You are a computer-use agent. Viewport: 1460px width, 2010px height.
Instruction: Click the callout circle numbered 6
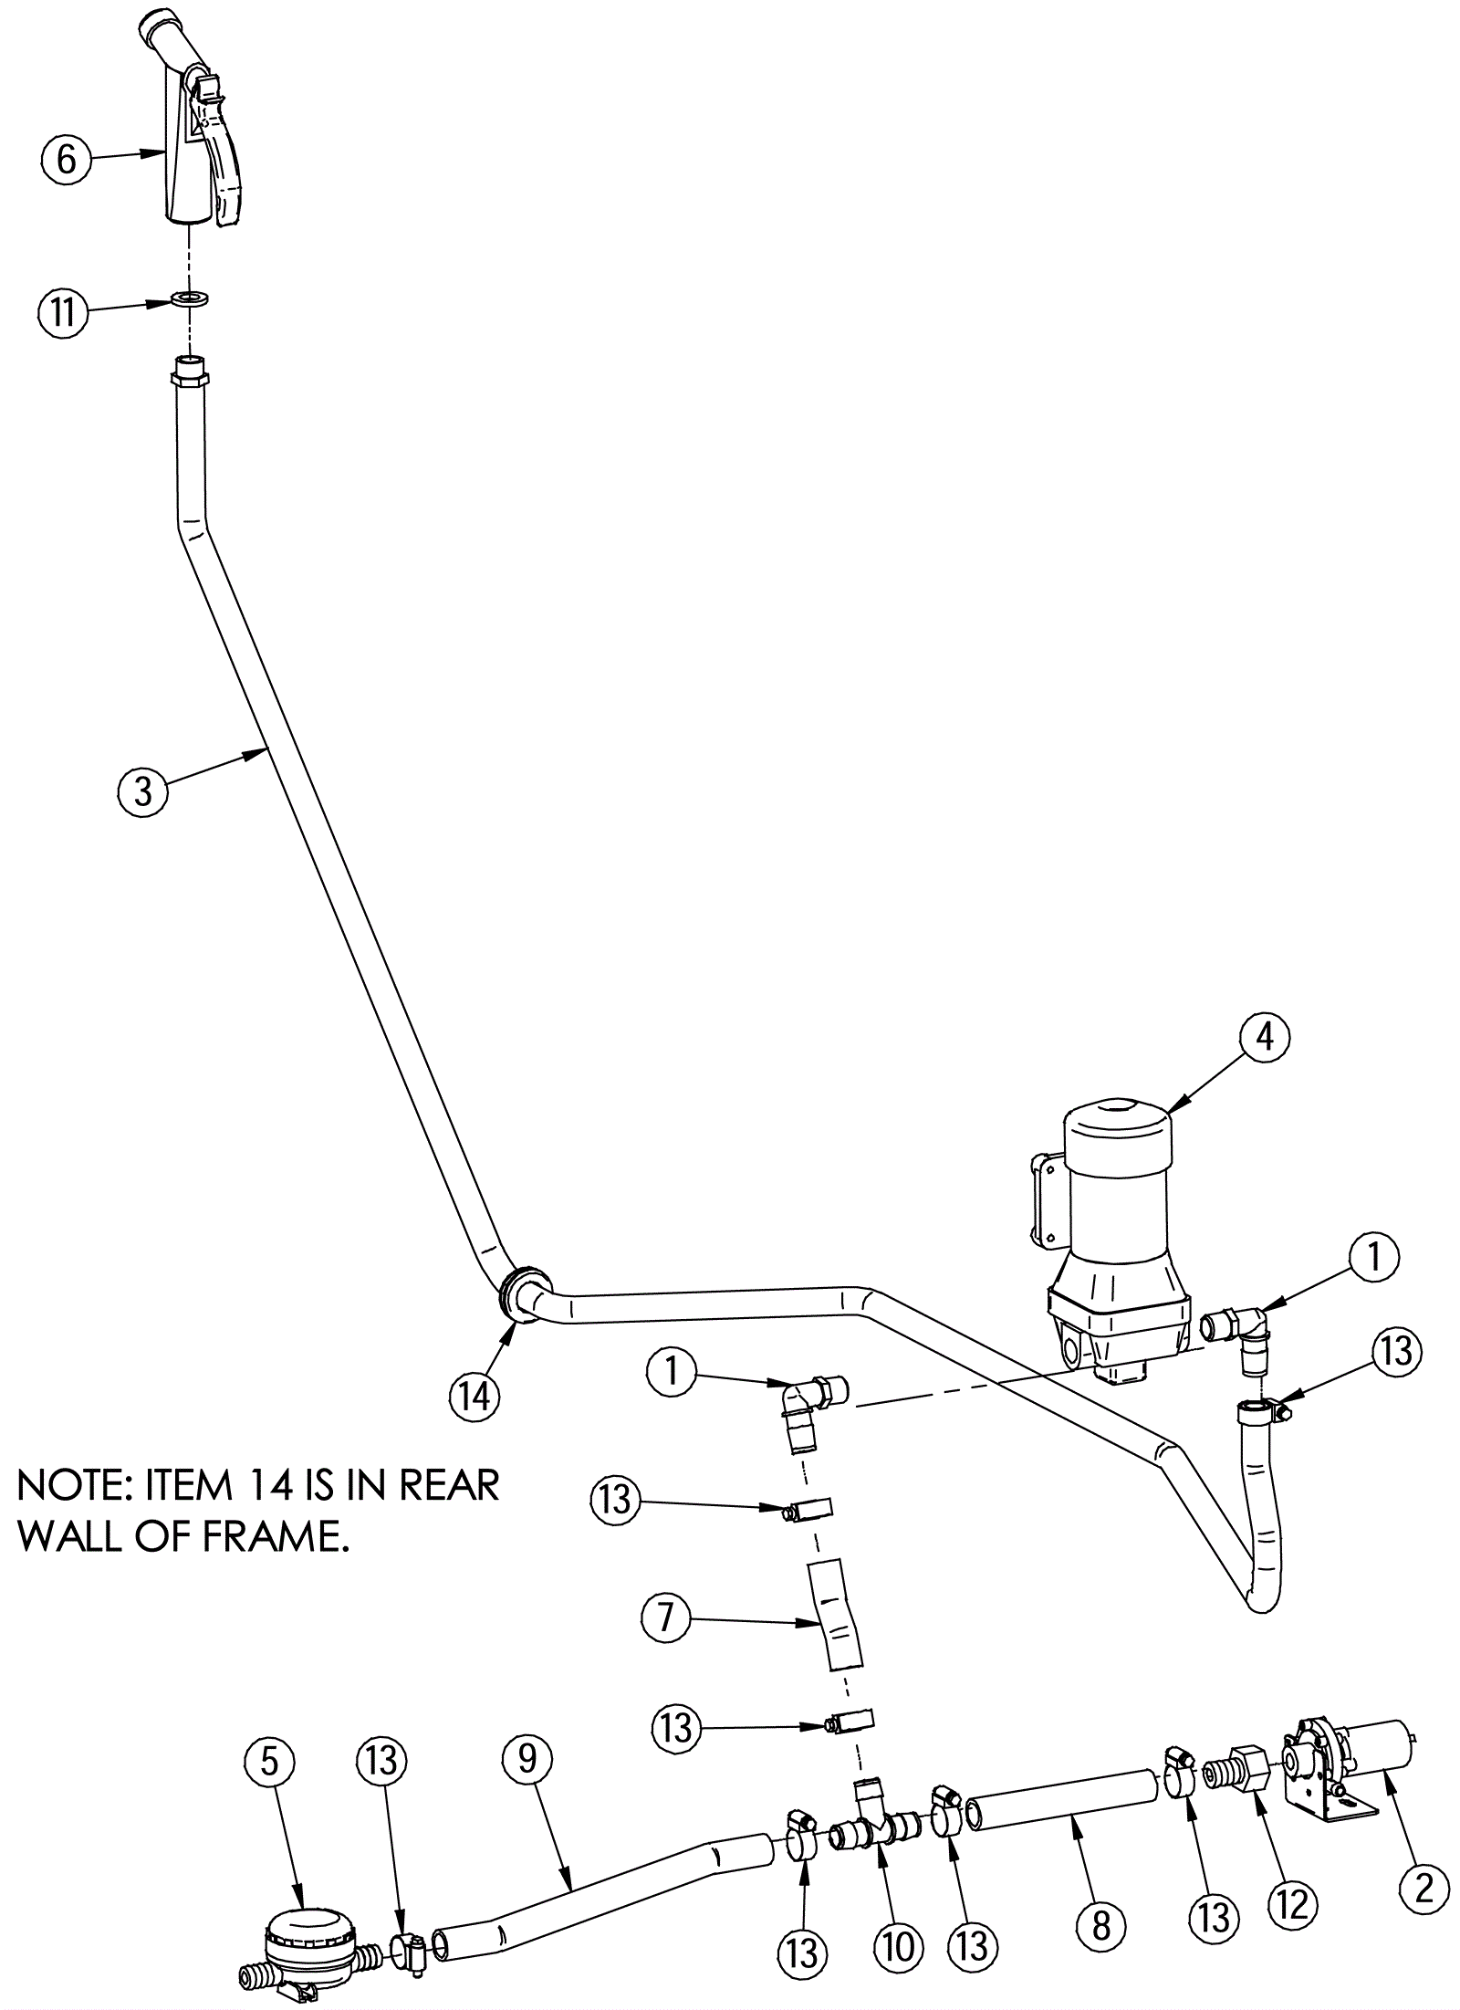[x=67, y=161]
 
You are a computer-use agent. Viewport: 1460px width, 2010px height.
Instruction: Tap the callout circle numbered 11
[x=63, y=313]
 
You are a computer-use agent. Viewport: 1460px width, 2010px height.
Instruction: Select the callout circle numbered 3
[x=143, y=790]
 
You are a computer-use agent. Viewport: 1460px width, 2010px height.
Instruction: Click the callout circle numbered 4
[x=1265, y=1042]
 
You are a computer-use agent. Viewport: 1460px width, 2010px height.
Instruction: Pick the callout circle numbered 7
[x=665, y=1618]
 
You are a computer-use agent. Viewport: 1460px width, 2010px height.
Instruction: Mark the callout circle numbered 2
[x=1423, y=1888]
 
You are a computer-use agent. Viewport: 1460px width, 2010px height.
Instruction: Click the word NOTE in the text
[x=76, y=1487]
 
